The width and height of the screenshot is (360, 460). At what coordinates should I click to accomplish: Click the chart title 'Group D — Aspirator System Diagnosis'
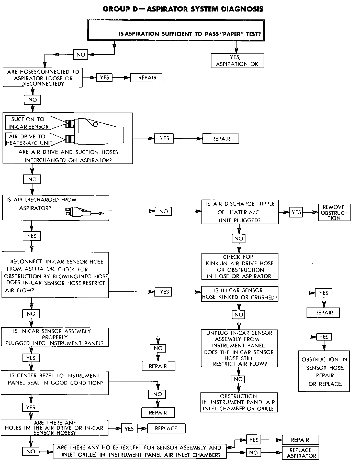click(183, 9)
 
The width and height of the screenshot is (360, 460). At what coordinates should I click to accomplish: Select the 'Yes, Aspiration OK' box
click(237, 61)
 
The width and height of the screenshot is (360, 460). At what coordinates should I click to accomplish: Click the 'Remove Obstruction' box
click(334, 212)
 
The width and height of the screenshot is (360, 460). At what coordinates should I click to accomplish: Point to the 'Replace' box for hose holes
click(166, 428)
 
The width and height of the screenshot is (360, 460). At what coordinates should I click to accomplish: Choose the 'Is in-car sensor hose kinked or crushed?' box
click(240, 294)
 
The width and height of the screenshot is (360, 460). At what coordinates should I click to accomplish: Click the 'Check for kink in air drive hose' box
click(240, 266)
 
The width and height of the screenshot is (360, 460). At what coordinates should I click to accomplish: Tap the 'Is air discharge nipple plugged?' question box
click(240, 212)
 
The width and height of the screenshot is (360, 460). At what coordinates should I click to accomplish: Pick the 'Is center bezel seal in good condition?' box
click(55, 383)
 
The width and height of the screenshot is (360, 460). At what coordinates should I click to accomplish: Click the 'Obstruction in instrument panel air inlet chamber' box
click(239, 402)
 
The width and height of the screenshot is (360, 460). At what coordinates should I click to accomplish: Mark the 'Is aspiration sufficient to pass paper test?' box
click(176, 30)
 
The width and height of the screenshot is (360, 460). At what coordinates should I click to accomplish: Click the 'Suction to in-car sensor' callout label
click(28, 123)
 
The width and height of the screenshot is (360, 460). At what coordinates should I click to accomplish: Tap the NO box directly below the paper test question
click(81, 54)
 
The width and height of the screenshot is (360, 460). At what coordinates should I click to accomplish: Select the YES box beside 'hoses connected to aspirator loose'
click(104, 78)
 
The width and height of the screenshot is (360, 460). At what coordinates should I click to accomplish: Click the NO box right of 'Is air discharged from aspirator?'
click(163, 211)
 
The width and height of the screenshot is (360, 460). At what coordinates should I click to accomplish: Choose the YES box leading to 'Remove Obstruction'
click(296, 212)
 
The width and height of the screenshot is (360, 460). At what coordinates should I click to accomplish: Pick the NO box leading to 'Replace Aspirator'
click(253, 452)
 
